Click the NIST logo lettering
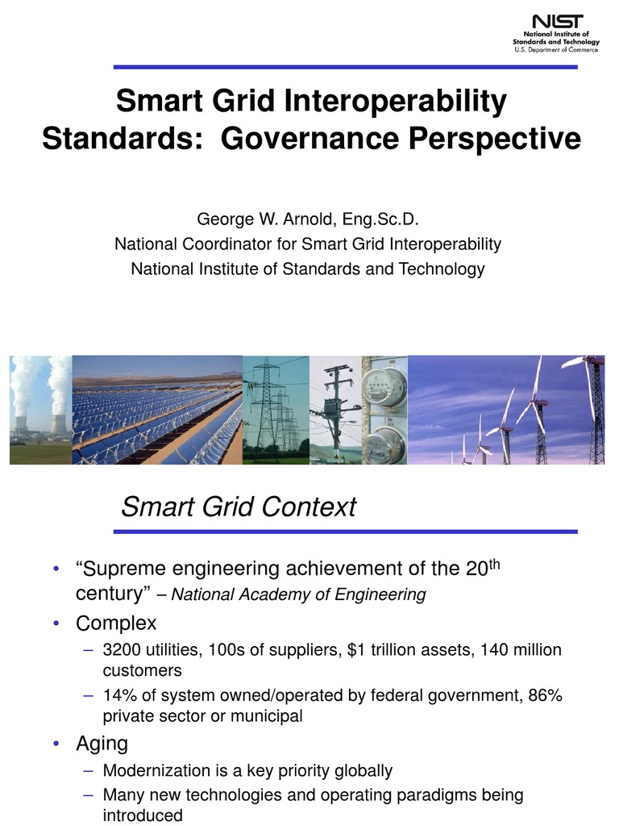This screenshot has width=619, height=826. pyautogui.click(x=556, y=22)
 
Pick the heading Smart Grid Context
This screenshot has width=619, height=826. pyautogui.click(x=238, y=507)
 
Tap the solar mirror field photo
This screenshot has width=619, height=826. pyautogui.click(x=157, y=410)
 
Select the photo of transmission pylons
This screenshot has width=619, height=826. pyautogui.click(x=276, y=410)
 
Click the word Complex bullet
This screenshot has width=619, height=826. pyautogui.click(x=116, y=624)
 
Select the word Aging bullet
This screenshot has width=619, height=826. pyautogui.click(x=102, y=743)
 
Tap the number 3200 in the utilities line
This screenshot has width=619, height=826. pyautogui.click(x=121, y=650)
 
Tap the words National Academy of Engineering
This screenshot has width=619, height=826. pyautogui.click(x=298, y=595)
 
